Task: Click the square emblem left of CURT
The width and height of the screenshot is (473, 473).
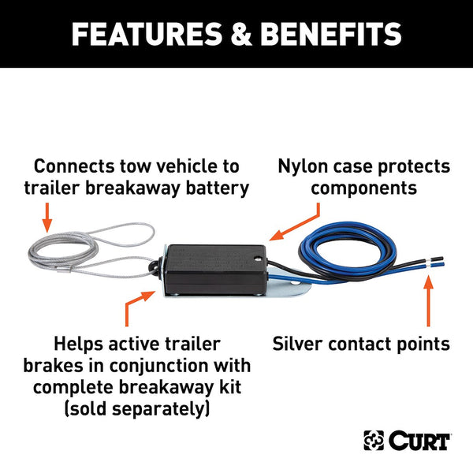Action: pyautogui.click(x=373, y=440)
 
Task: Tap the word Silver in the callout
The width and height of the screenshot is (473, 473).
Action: pyautogui.click(x=303, y=344)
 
